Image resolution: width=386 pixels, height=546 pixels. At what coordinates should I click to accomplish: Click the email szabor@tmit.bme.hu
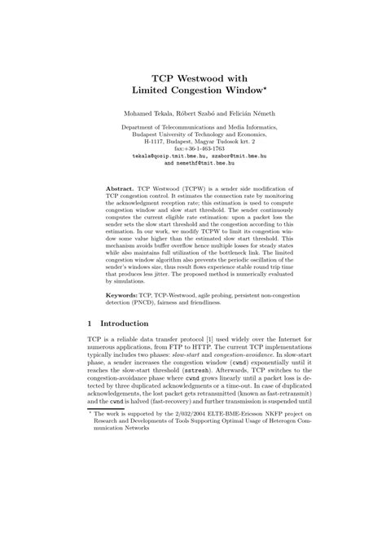[228, 155]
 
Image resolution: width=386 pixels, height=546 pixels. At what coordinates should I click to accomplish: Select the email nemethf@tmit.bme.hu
[200, 162]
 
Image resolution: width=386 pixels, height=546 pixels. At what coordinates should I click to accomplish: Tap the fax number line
[192, 148]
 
